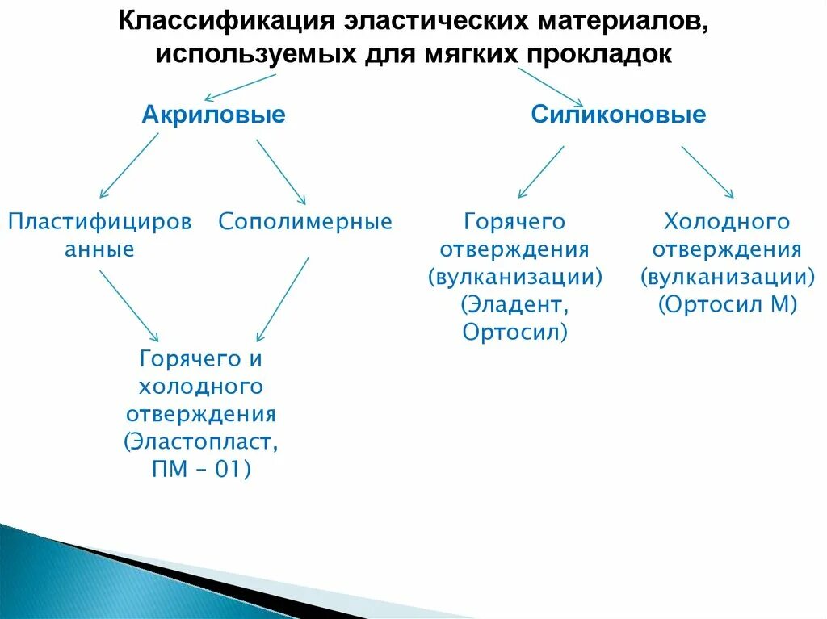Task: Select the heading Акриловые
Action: pyautogui.click(x=213, y=115)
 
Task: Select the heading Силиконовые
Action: pyautogui.click(x=618, y=115)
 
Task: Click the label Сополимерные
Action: pyautogui.click(x=305, y=222)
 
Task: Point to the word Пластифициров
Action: pyautogui.click(x=100, y=222)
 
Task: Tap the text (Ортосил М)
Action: pyautogui.click(x=728, y=305)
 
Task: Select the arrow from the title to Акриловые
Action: pyautogui.click(x=240, y=86)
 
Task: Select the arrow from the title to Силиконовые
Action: pyautogui.click(x=549, y=86)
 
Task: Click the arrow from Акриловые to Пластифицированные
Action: pyautogui.click(x=129, y=165)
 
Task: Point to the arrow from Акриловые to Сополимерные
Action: pyautogui.click(x=281, y=171)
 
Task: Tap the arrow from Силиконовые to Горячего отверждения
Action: pyautogui.click(x=541, y=172)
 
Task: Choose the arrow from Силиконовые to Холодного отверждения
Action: pyautogui.click(x=707, y=172)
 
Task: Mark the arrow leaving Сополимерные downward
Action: pyautogui.click(x=283, y=299)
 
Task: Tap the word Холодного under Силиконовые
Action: pyautogui.click(x=727, y=222)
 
